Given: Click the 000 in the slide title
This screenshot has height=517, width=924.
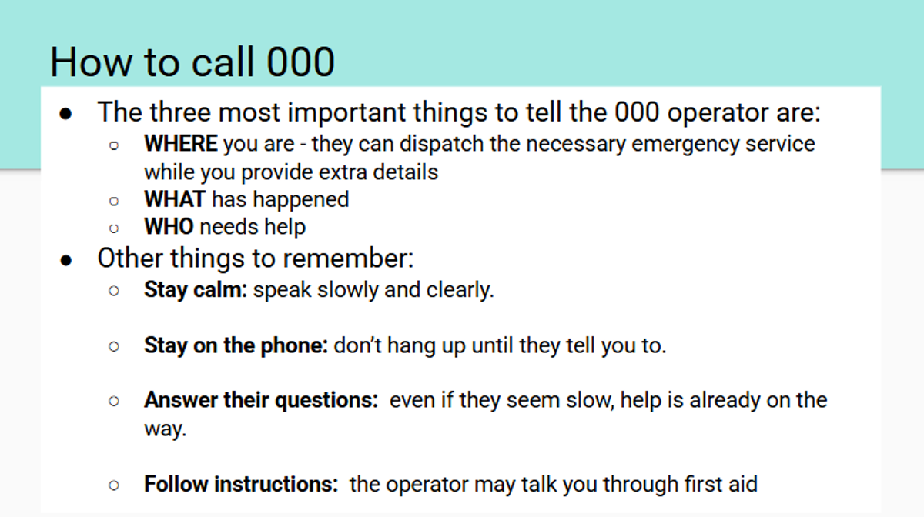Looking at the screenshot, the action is tap(300, 62).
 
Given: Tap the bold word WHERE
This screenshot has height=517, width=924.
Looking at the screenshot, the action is tap(181, 143).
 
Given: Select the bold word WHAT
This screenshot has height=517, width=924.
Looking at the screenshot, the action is tap(175, 199).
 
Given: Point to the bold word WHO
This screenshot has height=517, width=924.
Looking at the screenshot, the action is tap(169, 226).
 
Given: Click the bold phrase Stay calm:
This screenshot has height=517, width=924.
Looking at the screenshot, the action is tap(196, 289).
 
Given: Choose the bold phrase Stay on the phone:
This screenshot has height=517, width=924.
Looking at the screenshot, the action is tap(236, 345).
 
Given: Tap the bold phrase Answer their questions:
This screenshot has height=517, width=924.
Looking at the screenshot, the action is tap(261, 400).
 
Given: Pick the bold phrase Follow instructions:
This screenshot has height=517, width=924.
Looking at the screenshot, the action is tap(241, 484).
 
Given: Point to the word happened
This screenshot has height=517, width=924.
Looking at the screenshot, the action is tap(301, 200).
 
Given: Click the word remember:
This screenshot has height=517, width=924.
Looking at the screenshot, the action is tap(348, 258).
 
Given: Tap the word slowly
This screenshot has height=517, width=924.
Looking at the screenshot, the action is tap(347, 290).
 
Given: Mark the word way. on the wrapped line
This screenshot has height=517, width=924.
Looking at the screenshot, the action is tap(165, 429).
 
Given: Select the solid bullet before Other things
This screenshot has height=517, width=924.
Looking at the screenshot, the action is tap(66, 261).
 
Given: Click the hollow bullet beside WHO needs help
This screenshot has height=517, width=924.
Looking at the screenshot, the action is tap(114, 228).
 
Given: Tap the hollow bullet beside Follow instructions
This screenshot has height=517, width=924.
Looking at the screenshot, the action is tap(114, 485).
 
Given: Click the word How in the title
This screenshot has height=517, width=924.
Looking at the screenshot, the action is tap(92, 62).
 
